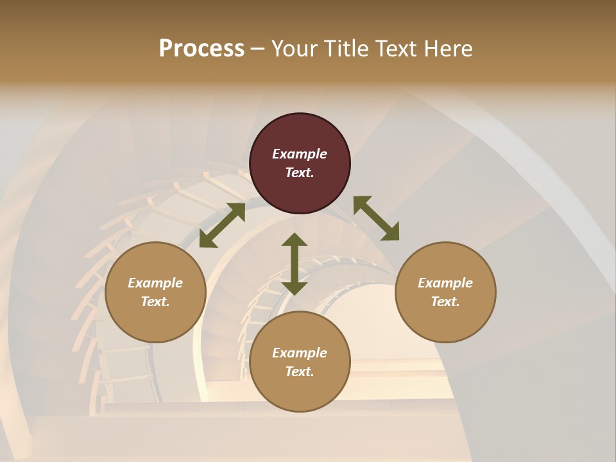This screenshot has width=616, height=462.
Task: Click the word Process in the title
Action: click(201, 49)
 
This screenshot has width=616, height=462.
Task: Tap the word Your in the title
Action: click(295, 49)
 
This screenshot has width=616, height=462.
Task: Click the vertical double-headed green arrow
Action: click(295, 264)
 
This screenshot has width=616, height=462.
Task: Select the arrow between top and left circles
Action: click(222, 225)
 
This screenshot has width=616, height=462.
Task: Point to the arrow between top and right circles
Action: click(376, 218)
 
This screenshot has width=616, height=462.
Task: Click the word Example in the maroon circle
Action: click(300, 154)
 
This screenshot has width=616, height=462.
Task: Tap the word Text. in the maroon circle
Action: click(300, 173)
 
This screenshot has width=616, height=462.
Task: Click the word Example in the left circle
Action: click(155, 283)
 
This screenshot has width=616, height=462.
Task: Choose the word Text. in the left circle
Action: click(155, 302)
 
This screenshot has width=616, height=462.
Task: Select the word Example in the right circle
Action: click(445, 283)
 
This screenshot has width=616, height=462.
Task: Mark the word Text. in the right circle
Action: click(445, 302)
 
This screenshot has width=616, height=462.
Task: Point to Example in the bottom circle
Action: click(300, 353)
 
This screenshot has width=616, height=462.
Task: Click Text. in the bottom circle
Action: click(300, 372)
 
